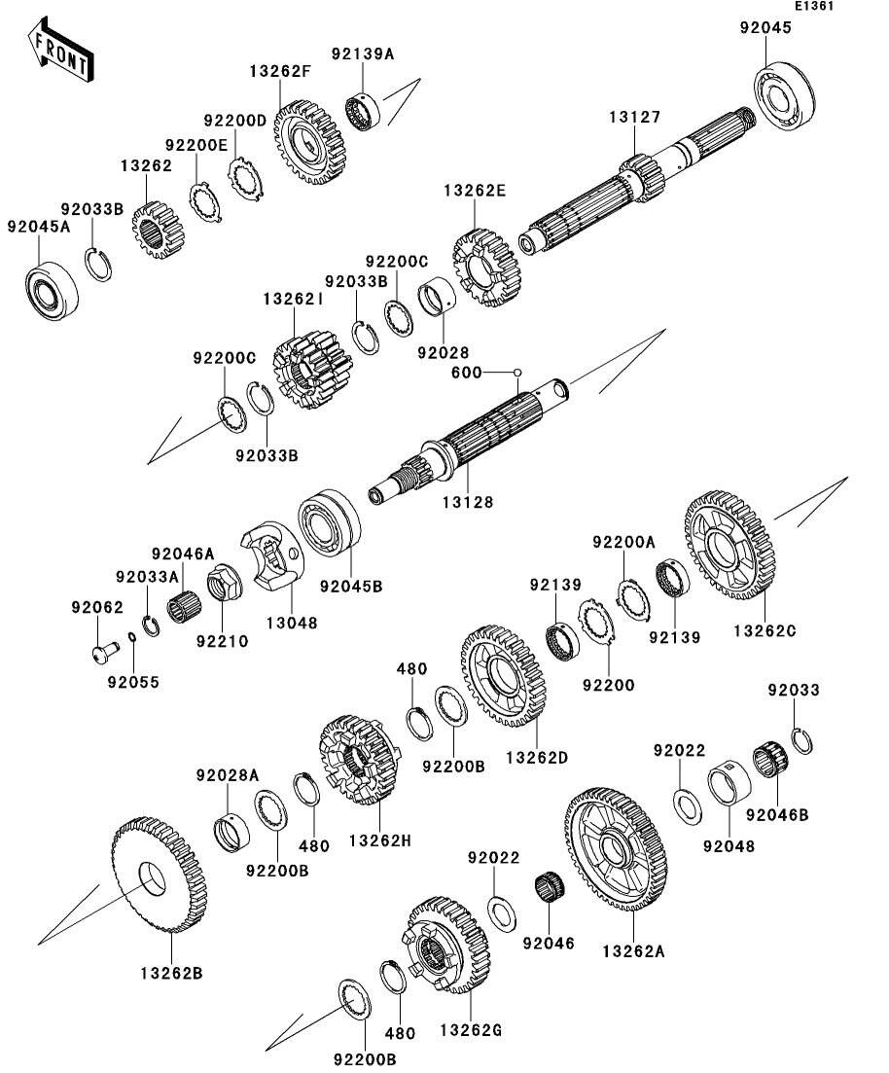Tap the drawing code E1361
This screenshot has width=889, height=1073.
[x=813, y=7]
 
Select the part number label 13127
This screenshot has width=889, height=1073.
[x=635, y=118]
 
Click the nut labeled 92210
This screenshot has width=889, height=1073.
[x=222, y=586]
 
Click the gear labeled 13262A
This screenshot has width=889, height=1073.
[x=615, y=849]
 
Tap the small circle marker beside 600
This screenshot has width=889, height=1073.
[x=518, y=372]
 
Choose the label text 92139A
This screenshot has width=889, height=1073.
[x=363, y=54]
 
